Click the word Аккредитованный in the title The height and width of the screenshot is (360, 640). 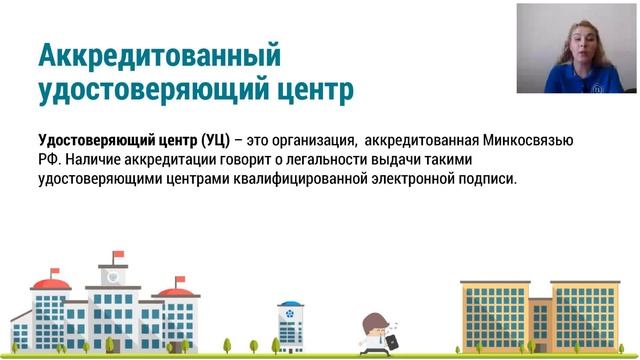click(x=159, y=54)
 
